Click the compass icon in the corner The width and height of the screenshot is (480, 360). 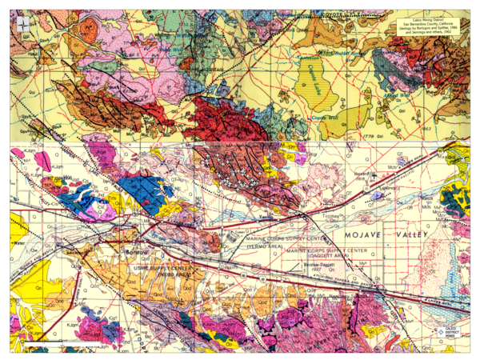point(24,23)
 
